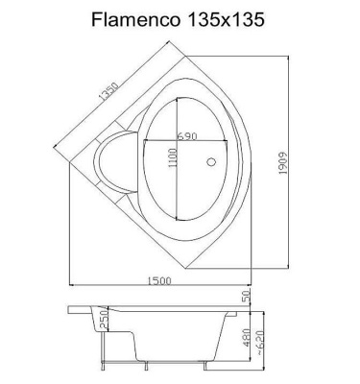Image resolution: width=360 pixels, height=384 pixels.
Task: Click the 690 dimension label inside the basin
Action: (x=187, y=135)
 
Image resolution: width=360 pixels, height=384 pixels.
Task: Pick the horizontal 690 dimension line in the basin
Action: (x=177, y=141)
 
